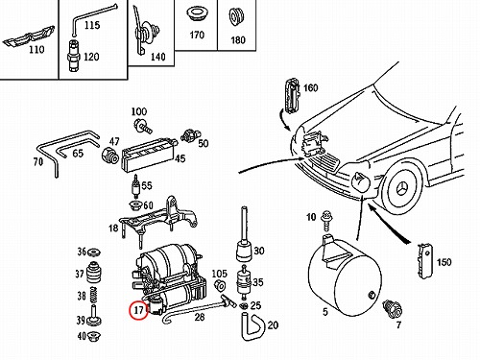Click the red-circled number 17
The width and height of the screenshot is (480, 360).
point(138,310)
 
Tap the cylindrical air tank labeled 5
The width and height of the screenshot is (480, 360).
point(345,276)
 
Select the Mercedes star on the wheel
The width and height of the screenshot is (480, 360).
point(404,189)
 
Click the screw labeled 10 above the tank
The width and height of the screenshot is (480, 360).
point(326,220)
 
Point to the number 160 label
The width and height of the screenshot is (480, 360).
point(310,87)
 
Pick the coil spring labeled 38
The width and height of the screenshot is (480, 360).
point(93,295)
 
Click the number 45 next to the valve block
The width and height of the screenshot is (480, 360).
point(180,158)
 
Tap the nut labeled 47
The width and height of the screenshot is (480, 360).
point(110,156)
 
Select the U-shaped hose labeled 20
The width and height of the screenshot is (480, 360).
point(252,326)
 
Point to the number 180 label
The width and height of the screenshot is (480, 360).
point(238,39)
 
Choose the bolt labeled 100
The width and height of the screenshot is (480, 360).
point(143,126)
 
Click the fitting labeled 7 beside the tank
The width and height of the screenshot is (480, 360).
point(393,309)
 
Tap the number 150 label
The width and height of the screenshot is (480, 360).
point(444,262)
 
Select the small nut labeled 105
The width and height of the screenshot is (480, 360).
point(220,285)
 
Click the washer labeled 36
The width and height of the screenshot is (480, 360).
point(94,252)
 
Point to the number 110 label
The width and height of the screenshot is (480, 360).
point(36,50)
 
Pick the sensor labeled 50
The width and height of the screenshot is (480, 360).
point(191,135)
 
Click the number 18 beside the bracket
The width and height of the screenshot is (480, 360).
point(113,228)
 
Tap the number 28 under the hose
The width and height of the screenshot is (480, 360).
point(200,317)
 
